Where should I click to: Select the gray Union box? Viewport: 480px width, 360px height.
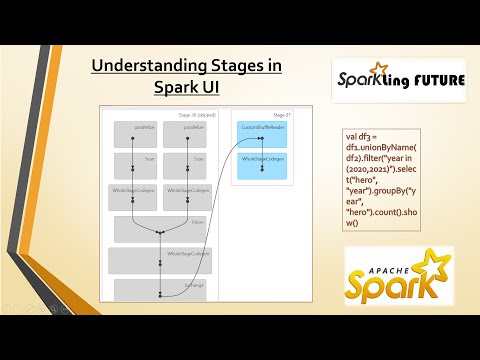160,228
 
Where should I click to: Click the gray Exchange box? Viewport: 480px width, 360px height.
160,290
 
